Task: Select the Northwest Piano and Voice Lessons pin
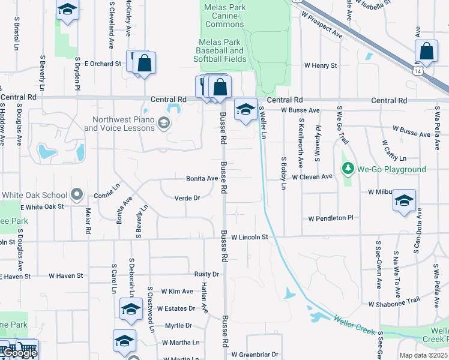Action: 163,124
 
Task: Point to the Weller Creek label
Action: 355,325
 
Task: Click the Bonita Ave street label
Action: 202,179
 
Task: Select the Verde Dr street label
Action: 187,198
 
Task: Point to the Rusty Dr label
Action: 207,274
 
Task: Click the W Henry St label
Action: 321,65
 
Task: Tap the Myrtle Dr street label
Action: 178,326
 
